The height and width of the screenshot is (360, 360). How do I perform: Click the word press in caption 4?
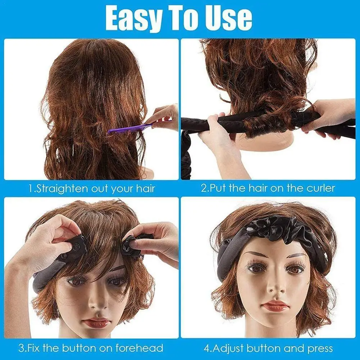tap(319, 348)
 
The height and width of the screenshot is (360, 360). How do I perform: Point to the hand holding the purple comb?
tap(164, 117)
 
